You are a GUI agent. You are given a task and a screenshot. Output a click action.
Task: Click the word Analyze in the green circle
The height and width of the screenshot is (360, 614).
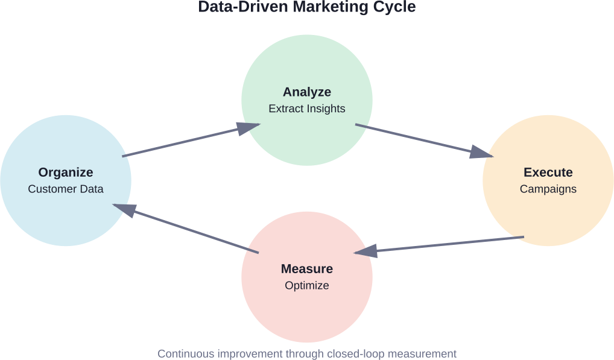tap(307, 92)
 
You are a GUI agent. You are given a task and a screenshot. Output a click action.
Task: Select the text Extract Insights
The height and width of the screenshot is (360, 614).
tap(307, 109)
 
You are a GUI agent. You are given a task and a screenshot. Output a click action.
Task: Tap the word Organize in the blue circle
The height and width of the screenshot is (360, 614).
tap(66, 172)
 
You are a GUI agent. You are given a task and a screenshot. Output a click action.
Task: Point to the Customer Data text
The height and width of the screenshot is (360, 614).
tap(66, 189)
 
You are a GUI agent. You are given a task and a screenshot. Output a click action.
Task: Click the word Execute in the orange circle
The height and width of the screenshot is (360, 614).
tap(548, 172)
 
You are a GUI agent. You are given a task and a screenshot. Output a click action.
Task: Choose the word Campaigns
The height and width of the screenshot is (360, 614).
tap(548, 189)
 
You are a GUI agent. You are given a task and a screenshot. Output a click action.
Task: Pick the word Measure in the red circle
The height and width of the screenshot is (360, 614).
tap(307, 269)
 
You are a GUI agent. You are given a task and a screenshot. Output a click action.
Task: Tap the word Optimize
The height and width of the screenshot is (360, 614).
tap(307, 286)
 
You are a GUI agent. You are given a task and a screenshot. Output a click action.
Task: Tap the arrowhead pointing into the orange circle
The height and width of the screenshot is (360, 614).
tap(483, 153)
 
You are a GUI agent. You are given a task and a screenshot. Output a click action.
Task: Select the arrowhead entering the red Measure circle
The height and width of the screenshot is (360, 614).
tap(365, 251)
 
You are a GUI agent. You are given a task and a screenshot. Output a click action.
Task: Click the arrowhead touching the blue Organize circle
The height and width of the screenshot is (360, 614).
tap(123, 209)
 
